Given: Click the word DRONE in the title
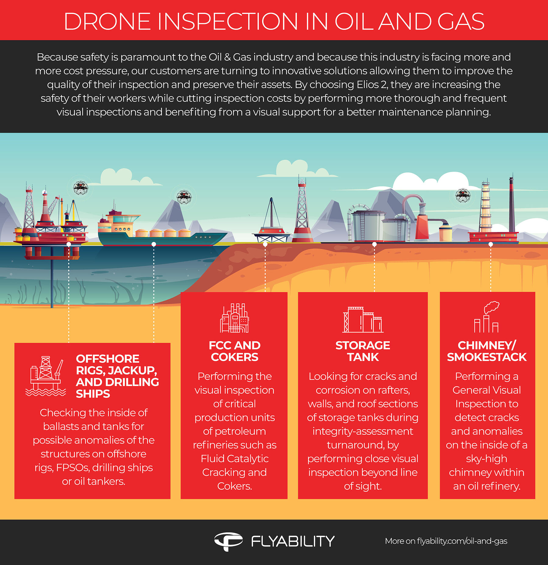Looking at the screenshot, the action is (x=107, y=21).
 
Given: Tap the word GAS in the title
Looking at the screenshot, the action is (x=461, y=21).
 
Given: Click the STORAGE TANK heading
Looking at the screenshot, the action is (x=363, y=351).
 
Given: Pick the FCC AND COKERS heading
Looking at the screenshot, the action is (x=234, y=351).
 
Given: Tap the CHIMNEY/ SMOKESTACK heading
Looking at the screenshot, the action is (x=487, y=351).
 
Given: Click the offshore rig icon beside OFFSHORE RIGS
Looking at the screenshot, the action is (x=46, y=376).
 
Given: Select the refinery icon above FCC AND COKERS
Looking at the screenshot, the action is (x=234, y=318).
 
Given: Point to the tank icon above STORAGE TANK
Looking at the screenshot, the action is (x=363, y=319).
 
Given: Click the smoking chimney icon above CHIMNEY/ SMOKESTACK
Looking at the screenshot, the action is (x=487, y=317).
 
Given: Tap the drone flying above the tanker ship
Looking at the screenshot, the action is (x=184, y=197).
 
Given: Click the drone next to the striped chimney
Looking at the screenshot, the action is (x=463, y=195).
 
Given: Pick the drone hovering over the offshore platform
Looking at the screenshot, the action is (x=81, y=188).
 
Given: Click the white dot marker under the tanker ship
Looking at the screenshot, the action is (x=154, y=244).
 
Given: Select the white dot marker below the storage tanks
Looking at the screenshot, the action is (x=374, y=244).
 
